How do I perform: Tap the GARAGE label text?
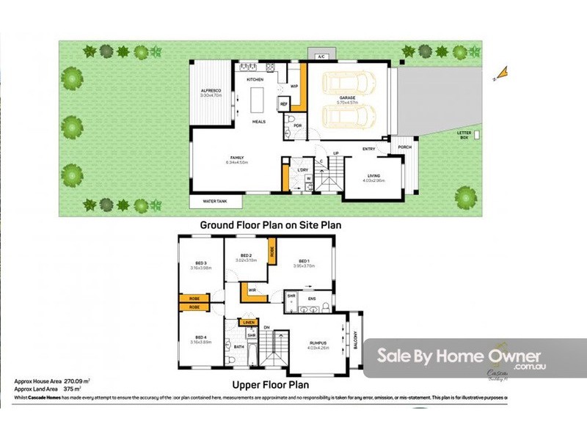pos(347,98)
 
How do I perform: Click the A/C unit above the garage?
pos(321,56)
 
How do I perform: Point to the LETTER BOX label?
pos(464,136)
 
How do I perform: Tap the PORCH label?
pos(404,147)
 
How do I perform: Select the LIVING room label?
pos(373,175)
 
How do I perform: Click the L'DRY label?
pos(302,170)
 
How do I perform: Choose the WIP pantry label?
pos(294,87)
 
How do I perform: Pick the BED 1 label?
pos(304,262)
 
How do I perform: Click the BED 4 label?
pos(200,338)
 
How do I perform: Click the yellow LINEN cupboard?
pos(249,322)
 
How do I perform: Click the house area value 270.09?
pos(76,381)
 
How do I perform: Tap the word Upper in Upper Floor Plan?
pos(249,384)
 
